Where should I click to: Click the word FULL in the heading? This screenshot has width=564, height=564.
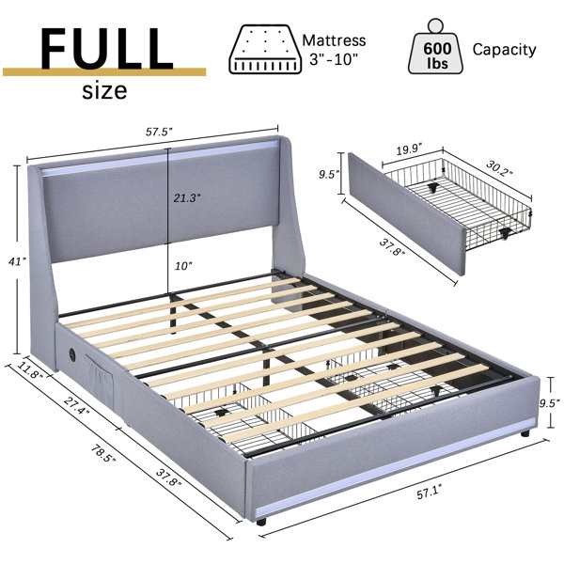[107, 49]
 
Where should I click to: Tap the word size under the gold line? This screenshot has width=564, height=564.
[104, 90]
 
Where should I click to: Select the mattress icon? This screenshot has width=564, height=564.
[265, 49]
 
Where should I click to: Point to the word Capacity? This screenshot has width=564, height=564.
[504, 50]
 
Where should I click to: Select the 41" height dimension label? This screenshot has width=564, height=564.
[17, 261]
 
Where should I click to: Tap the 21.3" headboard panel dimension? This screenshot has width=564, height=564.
[187, 197]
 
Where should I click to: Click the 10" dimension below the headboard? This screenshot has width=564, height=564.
[183, 266]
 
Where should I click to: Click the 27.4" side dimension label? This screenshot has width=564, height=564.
[77, 405]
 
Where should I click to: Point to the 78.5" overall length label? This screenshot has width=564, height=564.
[103, 454]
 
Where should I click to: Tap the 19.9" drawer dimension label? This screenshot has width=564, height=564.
[409, 149]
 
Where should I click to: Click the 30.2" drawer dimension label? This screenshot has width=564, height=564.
[499, 168]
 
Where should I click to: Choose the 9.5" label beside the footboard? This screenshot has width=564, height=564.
[550, 403]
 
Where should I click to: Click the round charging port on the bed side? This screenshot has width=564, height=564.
[71, 352]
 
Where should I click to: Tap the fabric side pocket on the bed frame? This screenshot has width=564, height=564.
[100, 382]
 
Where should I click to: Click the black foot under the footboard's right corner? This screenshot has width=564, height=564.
[525, 433]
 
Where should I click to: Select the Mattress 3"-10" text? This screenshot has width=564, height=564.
[334, 50]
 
